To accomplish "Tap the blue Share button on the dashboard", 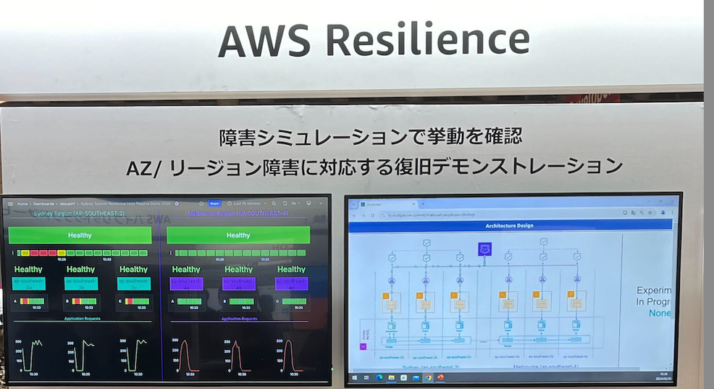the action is tap(214, 204).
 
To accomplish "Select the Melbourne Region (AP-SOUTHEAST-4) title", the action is tap(238, 214).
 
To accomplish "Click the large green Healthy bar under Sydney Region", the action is tap(80, 235).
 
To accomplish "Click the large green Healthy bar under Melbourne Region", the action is tap(238, 235).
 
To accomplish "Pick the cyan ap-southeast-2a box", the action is tap(28, 283).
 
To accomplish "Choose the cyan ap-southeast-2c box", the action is tap(133, 283).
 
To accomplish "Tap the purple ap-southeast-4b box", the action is tap(239, 283).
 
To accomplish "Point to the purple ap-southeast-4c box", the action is tap(291, 283).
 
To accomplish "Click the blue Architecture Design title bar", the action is tap(508, 226).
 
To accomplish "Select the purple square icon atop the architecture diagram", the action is tap(484, 249).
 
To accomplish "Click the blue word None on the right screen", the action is tap(660, 313).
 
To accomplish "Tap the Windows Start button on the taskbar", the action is tap(355, 377).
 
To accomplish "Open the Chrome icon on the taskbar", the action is tap(429, 377).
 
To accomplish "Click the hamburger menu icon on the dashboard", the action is tap(10, 204).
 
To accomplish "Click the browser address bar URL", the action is tap(434, 215).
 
